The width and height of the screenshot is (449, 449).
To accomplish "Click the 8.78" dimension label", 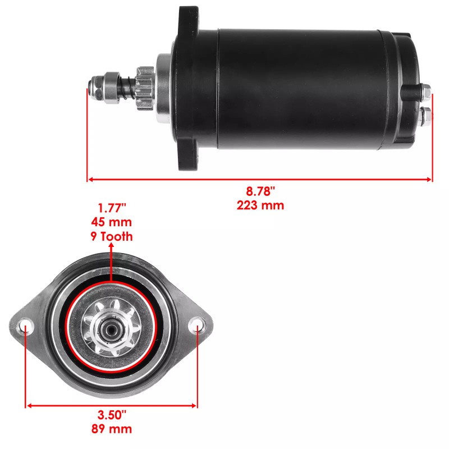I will click(x=260, y=193).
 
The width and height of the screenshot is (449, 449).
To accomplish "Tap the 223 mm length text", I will click(x=260, y=205).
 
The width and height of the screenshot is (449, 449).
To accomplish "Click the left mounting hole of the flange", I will click(x=25, y=324).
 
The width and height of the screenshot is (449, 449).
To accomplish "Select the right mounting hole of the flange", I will click(x=197, y=324).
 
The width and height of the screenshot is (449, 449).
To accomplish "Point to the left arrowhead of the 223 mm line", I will click(x=90, y=180).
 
